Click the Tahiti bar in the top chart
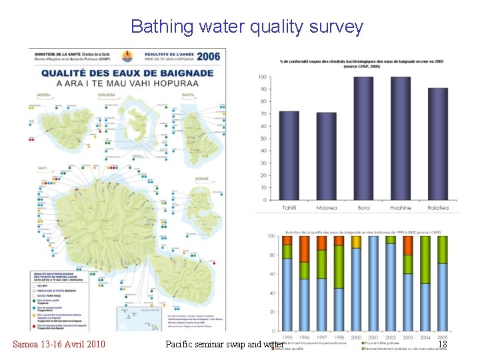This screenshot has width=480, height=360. (x=289, y=155)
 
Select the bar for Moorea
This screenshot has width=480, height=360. (x=326, y=155)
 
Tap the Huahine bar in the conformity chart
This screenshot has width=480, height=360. (x=401, y=138)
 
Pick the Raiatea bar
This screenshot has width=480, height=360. (x=437, y=143)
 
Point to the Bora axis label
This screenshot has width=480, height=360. (x=363, y=208)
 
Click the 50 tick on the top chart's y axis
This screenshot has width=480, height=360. (x=263, y=139)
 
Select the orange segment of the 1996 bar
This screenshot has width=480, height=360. (x=305, y=249)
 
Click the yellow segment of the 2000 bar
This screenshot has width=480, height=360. (x=355, y=242)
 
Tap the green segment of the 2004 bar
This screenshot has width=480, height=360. (x=425, y=259)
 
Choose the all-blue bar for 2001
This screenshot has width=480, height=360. (x=373, y=283)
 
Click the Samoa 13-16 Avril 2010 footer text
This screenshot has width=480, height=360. (x=59, y=344)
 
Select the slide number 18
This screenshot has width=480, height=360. (x=441, y=344)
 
